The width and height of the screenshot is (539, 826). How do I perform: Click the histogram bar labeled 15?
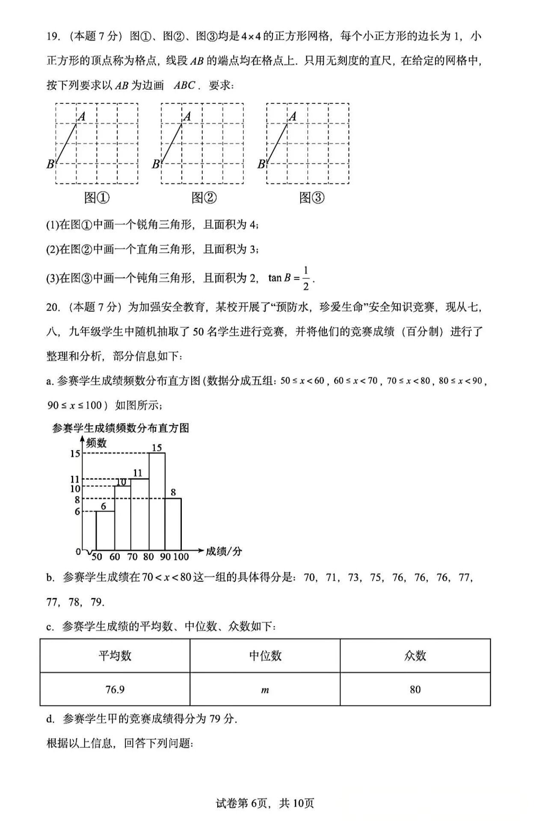click(157, 501)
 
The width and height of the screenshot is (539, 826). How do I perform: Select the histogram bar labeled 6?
click(105, 530)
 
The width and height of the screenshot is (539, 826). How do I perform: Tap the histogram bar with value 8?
click(173, 524)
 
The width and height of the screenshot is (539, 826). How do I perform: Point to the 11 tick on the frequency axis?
click(75, 479)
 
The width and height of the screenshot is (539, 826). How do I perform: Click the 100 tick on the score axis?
click(181, 557)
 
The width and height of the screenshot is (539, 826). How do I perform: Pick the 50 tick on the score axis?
click(97, 557)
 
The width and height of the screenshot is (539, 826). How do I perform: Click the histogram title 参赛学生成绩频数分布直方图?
click(121, 428)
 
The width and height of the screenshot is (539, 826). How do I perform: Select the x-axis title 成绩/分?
click(224, 551)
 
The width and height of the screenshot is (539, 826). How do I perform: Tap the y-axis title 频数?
click(96, 443)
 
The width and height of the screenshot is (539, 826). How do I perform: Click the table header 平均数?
click(115, 656)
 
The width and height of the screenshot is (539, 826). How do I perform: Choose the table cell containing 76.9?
click(115, 689)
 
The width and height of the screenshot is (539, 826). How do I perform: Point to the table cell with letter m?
click(265, 690)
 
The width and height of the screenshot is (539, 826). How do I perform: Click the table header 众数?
click(415, 656)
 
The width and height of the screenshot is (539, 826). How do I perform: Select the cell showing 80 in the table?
click(415, 689)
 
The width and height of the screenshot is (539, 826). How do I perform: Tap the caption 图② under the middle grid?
click(204, 198)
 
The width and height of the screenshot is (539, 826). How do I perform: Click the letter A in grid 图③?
click(293, 116)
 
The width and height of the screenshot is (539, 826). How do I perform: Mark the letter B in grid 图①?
click(50, 164)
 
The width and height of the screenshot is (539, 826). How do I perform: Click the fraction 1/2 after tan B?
click(305, 278)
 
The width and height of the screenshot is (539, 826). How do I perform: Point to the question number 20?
click(52, 307)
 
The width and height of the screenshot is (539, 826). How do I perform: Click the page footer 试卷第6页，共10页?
click(265, 803)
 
